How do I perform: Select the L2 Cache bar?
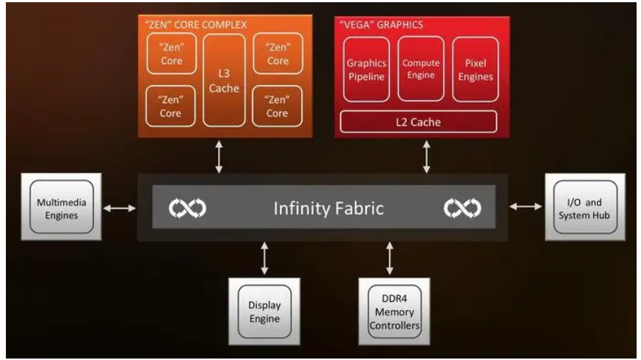[416, 122]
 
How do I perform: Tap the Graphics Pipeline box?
[365, 69]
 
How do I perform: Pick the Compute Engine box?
[421, 69]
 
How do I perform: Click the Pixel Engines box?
[475, 69]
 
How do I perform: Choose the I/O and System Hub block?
[584, 208]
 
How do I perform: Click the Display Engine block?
[264, 311]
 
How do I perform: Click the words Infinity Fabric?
[328, 209]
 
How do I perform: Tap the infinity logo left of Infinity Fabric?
[187, 209]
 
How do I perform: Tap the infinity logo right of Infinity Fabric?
[462, 209]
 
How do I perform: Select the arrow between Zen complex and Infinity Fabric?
[219, 159]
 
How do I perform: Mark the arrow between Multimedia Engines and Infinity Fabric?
[120, 209]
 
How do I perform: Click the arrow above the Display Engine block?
[264, 258]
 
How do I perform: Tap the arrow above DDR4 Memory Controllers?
[389, 258]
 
